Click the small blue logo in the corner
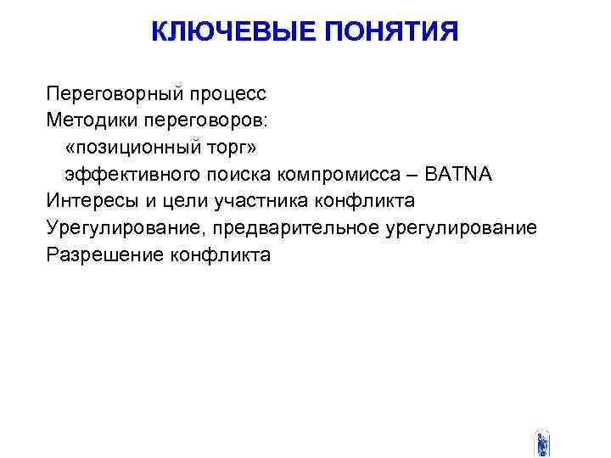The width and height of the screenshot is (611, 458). pos(542,444)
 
